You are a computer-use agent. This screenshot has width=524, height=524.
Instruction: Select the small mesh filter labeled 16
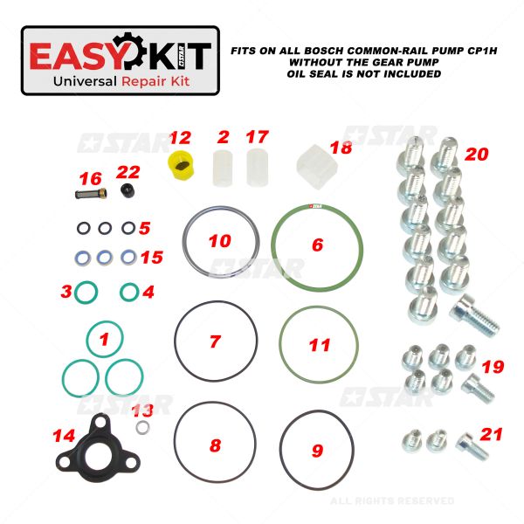tap(91, 194)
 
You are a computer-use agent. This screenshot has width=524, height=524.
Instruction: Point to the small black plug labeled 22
tap(128, 190)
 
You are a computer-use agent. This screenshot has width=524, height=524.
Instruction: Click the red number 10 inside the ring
tap(219, 241)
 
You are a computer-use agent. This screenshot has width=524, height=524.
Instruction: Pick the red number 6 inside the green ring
tap(318, 245)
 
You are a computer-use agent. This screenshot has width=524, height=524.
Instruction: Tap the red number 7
tap(215, 341)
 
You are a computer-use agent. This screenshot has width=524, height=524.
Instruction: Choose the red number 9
tap(318, 451)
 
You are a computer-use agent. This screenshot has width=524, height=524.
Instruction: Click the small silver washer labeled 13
tap(142, 427)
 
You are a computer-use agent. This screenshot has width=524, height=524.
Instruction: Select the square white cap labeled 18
tap(317, 167)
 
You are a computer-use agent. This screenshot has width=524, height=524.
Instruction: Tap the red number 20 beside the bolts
tap(477, 154)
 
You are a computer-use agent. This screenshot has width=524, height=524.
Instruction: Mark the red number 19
tap(493, 367)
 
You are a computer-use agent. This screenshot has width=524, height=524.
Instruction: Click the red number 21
tap(491, 434)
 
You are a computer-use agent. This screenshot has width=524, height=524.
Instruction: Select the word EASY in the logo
tap(72, 56)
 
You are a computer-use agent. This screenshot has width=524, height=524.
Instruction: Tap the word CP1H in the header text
tap(480, 51)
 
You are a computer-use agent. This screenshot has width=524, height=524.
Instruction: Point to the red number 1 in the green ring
tap(104, 339)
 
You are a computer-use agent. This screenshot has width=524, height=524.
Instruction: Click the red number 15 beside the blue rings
tap(152, 258)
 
